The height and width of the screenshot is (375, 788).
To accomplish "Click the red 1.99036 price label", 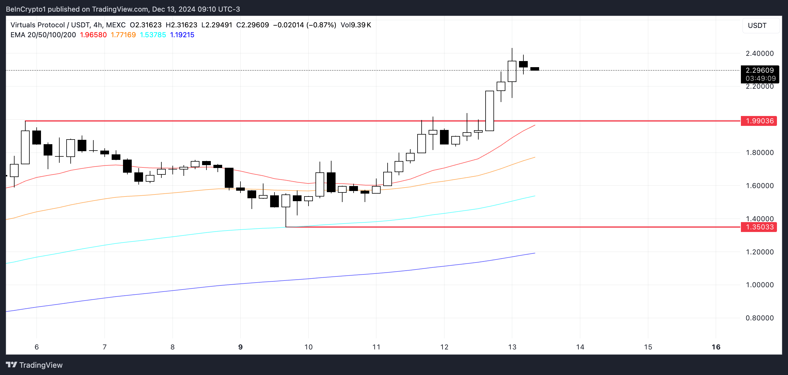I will pos(759,121).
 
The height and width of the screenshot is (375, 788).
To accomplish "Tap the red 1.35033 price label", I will pos(759,227).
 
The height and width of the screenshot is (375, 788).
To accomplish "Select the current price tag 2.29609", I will pos(759,70).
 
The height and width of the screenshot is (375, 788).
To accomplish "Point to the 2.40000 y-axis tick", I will pos(759,53).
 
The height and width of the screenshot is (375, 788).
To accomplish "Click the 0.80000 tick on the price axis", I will pos(759,318).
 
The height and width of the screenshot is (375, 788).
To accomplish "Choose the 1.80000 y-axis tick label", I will pos(759,153).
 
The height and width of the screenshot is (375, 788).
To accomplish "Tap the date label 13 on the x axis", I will pos(512,347).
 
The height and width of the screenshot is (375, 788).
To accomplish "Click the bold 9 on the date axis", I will pos(240,347).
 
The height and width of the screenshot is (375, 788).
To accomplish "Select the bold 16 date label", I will pos(716,347).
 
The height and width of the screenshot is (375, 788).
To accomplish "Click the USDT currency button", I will pos(757,25).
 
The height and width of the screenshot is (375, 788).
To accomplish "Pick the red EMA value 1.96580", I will pos(93,35).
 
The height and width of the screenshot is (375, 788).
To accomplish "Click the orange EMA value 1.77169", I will pos(123,35).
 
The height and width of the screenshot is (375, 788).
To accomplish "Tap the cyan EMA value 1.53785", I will pos(153,35).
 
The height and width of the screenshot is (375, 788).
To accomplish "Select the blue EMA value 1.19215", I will pos(182,35).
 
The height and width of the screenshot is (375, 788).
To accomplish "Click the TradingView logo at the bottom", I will pos(34,365).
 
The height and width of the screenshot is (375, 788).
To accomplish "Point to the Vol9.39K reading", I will pos(356,25).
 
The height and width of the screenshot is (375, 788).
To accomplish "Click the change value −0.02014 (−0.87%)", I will pos(304,25).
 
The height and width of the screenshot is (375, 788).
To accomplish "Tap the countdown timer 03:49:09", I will pos(760,78).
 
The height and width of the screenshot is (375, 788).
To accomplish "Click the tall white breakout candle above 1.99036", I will pos(489,111).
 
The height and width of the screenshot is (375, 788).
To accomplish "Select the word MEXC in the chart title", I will pos(116,25).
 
